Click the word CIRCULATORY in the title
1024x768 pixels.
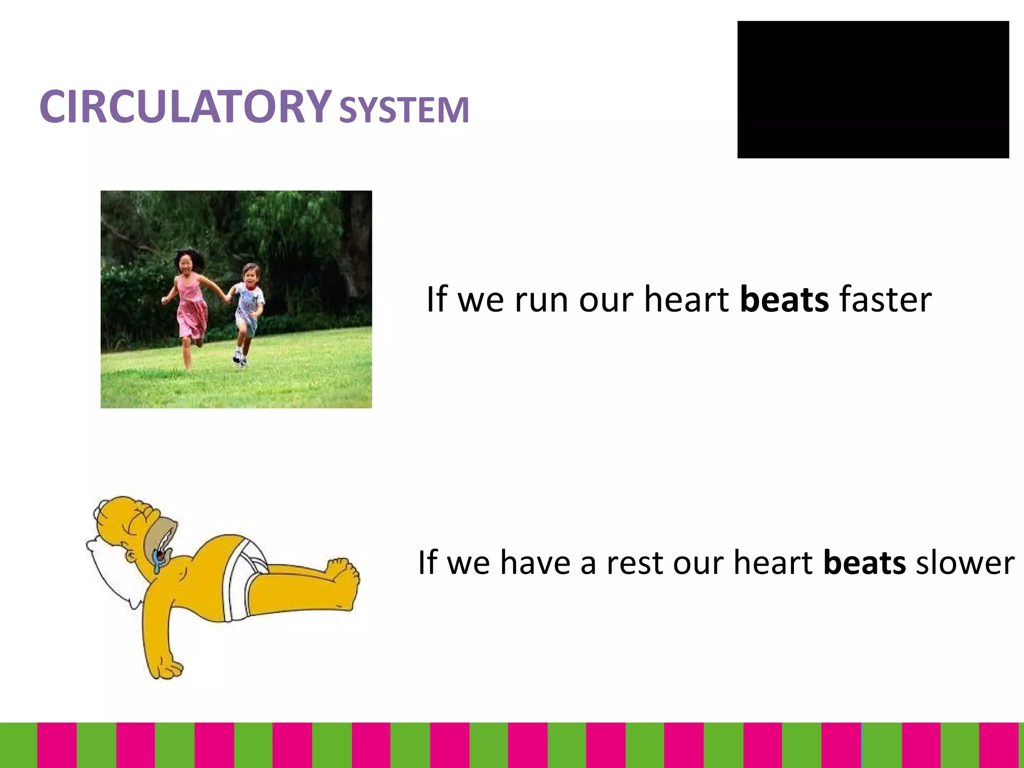coord(185,106)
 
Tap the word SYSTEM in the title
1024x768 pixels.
coord(404,110)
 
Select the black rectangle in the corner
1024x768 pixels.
coord(872,89)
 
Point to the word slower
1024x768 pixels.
coord(964,562)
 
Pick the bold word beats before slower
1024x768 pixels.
coord(864,562)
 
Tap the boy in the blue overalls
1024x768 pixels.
coord(248,305)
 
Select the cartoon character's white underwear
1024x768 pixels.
coord(245,575)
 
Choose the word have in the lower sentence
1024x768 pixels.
coord(535,562)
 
